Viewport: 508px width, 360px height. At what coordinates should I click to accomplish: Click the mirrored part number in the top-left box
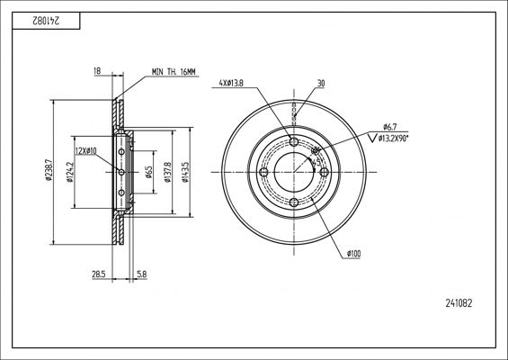[x=46, y=21]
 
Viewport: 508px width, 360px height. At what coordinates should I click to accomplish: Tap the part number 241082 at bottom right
[x=459, y=303]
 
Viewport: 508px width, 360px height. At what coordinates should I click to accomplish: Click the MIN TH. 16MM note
[x=174, y=72]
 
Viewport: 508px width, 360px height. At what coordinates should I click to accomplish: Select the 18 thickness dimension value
[x=97, y=71]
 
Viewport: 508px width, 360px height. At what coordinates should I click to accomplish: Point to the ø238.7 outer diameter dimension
[x=49, y=170]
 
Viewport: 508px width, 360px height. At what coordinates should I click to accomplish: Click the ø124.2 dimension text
[x=70, y=172]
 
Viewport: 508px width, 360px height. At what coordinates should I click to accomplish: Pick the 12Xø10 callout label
[x=85, y=151]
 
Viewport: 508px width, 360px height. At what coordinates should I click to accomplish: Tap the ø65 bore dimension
[x=148, y=172]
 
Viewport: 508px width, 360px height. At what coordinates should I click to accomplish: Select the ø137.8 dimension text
[x=167, y=172]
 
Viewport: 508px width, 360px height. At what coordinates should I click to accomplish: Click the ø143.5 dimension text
[x=185, y=172]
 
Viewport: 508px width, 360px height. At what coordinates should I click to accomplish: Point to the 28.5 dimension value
[x=99, y=274]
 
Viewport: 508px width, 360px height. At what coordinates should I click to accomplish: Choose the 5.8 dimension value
[x=142, y=274]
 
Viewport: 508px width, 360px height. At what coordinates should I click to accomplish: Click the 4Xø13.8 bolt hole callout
[x=231, y=84]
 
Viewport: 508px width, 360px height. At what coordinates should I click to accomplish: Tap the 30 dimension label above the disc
[x=321, y=84]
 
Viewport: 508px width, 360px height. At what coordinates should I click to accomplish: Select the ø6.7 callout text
[x=389, y=127]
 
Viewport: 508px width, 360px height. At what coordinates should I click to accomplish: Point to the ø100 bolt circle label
[x=353, y=254]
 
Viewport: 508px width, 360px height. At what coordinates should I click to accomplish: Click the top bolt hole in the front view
[x=294, y=141]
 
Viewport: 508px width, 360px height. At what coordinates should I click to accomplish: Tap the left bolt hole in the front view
[x=263, y=172]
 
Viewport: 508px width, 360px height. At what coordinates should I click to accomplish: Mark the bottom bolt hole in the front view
[x=294, y=202]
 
